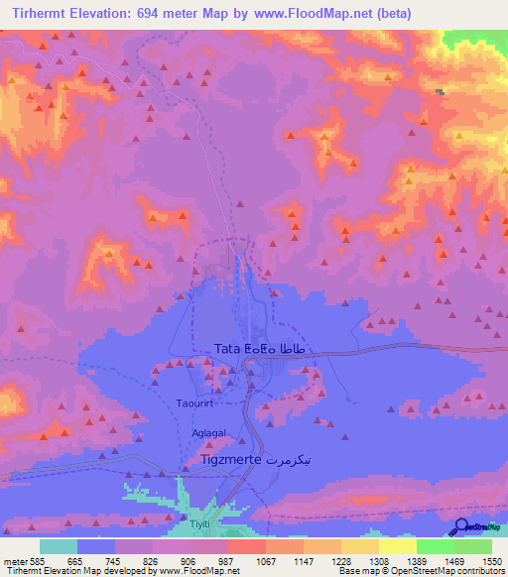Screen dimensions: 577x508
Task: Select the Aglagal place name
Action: tap(208, 433)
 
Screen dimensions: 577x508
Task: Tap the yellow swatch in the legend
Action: tap(397, 546)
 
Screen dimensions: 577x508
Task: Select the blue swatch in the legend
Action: tap(96, 546)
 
